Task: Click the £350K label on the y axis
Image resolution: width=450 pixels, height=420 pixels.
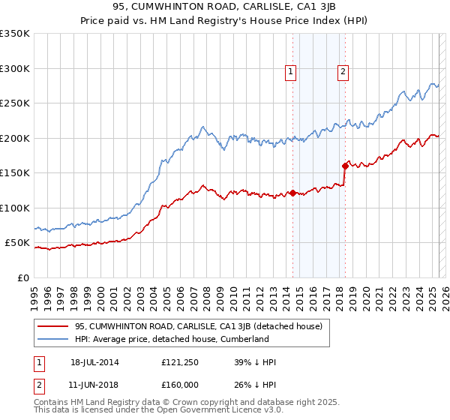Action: click(15, 34)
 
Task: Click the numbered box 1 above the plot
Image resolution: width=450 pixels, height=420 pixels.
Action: click(290, 72)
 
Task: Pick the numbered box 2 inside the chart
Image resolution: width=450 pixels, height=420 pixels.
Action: click(343, 72)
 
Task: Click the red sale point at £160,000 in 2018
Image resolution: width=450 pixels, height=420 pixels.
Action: click(345, 166)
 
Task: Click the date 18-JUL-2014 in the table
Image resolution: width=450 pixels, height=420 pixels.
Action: click(94, 362)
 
